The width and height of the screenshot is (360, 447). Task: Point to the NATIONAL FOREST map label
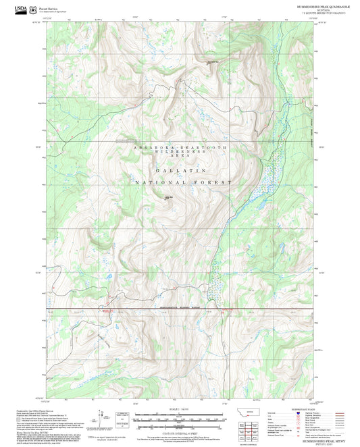183,183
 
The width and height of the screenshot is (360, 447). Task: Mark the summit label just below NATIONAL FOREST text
168,197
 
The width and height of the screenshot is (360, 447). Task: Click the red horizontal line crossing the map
135,311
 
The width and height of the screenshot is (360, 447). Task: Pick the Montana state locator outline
252,413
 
